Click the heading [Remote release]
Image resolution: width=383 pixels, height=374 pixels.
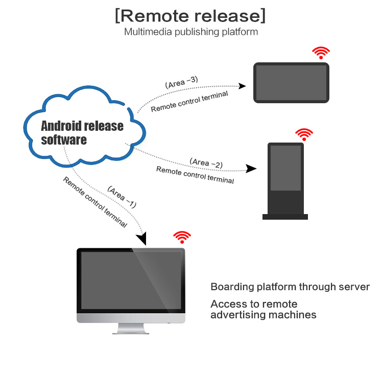pyautogui.click(x=190, y=15)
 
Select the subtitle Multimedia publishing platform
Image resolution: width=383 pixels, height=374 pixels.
pyautogui.click(x=191, y=32)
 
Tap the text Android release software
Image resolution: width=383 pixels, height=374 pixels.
pyautogui.click(x=82, y=133)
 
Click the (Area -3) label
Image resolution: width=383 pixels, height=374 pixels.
pyautogui.click(x=182, y=82)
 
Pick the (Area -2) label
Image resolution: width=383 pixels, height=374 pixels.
pyautogui.click(x=206, y=162)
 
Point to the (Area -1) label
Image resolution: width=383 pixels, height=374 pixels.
pyautogui.click(x=122, y=197)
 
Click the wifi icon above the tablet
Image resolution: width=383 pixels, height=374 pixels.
pyautogui.click(x=321, y=53)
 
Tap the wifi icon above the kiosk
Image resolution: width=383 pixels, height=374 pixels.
pyautogui.click(x=304, y=134)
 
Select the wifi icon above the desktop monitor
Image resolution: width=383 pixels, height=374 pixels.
pyautogui.click(x=182, y=237)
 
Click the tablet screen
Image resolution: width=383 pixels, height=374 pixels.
pyautogui.click(x=291, y=83)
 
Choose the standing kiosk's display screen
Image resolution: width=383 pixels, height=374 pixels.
pyautogui.click(x=286, y=168)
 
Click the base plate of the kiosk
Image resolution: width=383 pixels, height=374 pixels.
pyautogui.click(x=285, y=217)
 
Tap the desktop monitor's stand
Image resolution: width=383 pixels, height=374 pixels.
pyautogui.click(x=131, y=329)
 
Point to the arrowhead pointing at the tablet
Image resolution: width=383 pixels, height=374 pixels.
pyautogui.click(x=243, y=85)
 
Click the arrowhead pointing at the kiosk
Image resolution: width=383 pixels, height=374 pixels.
pyautogui.click(x=251, y=169)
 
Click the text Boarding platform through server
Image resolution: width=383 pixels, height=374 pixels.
pyautogui.click(x=290, y=287)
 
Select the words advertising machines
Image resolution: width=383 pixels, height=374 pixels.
pyautogui.click(x=263, y=315)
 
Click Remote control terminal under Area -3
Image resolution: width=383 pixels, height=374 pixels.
pyautogui.click(x=189, y=101)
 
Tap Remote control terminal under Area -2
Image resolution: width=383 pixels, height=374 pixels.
pyautogui.click(x=195, y=175)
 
